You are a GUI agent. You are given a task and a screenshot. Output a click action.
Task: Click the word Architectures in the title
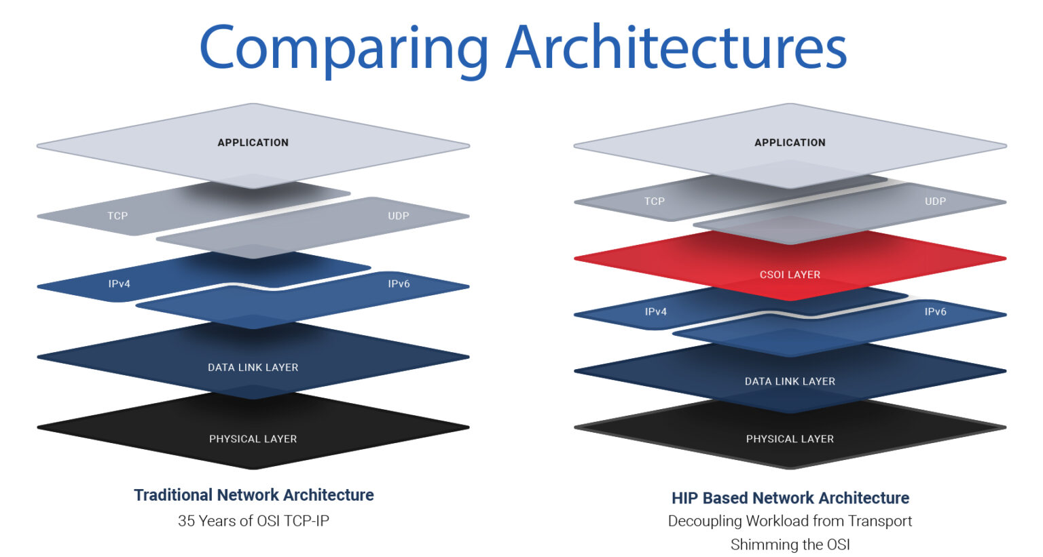[676, 47]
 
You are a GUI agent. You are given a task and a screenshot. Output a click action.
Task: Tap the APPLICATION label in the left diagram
[253, 142]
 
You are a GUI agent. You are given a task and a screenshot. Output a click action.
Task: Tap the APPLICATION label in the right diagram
[790, 142]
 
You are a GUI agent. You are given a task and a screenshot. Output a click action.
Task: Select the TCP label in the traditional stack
[117, 216]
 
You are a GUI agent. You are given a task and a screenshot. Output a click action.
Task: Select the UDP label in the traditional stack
[399, 216]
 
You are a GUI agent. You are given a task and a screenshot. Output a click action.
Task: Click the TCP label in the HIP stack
[655, 201]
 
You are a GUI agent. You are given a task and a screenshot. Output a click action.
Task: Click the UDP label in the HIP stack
[935, 201]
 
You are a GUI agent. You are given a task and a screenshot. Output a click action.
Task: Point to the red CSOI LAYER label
[790, 275]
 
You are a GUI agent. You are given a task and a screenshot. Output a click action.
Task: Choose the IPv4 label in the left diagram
[120, 284]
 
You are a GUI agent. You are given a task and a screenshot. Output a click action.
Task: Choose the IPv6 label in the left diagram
[399, 284]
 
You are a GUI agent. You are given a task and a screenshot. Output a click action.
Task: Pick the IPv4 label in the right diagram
[656, 312]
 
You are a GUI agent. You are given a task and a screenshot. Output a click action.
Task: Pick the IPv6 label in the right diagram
[935, 312]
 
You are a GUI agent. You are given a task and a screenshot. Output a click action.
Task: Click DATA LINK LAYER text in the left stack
[253, 368]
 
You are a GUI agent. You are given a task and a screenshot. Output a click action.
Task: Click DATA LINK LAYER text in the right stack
[790, 381]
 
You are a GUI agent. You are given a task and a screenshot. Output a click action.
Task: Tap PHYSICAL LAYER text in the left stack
[253, 439]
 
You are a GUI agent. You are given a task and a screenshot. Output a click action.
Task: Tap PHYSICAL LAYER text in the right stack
[790, 439]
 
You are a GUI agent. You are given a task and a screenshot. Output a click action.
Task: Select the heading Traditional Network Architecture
[253, 495]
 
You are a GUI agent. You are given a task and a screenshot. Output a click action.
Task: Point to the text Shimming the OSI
[790, 544]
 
